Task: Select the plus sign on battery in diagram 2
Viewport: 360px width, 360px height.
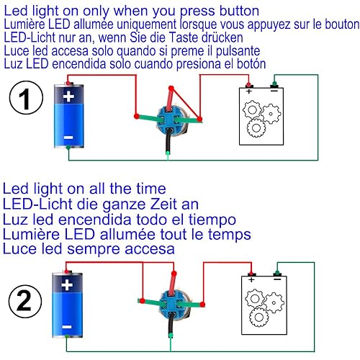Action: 67,285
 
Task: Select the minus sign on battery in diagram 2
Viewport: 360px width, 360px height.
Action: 67,325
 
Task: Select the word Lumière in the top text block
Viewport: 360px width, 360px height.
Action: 27,24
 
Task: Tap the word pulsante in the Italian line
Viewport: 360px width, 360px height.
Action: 238,51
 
